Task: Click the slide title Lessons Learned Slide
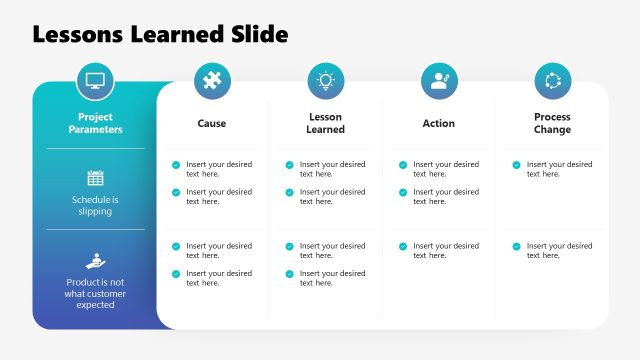pyautogui.click(x=160, y=34)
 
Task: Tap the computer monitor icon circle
pyautogui.click(x=96, y=80)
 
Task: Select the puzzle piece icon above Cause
pyautogui.click(x=211, y=80)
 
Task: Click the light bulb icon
pyautogui.click(x=325, y=80)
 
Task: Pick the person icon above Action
pyautogui.click(x=439, y=80)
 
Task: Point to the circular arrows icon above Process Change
pyautogui.click(x=552, y=80)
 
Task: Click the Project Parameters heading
pyautogui.click(x=96, y=123)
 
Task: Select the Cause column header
pyautogui.click(x=211, y=124)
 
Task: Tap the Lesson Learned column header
pyautogui.click(x=325, y=123)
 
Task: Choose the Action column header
pyautogui.click(x=439, y=124)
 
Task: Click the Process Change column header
pyautogui.click(x=552, y=123)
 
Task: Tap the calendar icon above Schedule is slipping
pyautogui.click(x=96, y=178)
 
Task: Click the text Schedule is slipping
pyautogui.click(x=96, y=205)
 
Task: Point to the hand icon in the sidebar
pyautogui.click(x=96, y=260)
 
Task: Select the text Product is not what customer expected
pyautogui.click(x=96, y=293)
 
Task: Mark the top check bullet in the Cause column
pyautogui.click(x=176, y=165)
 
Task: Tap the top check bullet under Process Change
pyautogui.click(x=517, y=165)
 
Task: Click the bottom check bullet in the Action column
pyautogui.click(x=403, y=246)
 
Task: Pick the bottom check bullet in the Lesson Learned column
pyautogui.click(x=290, y=274)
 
